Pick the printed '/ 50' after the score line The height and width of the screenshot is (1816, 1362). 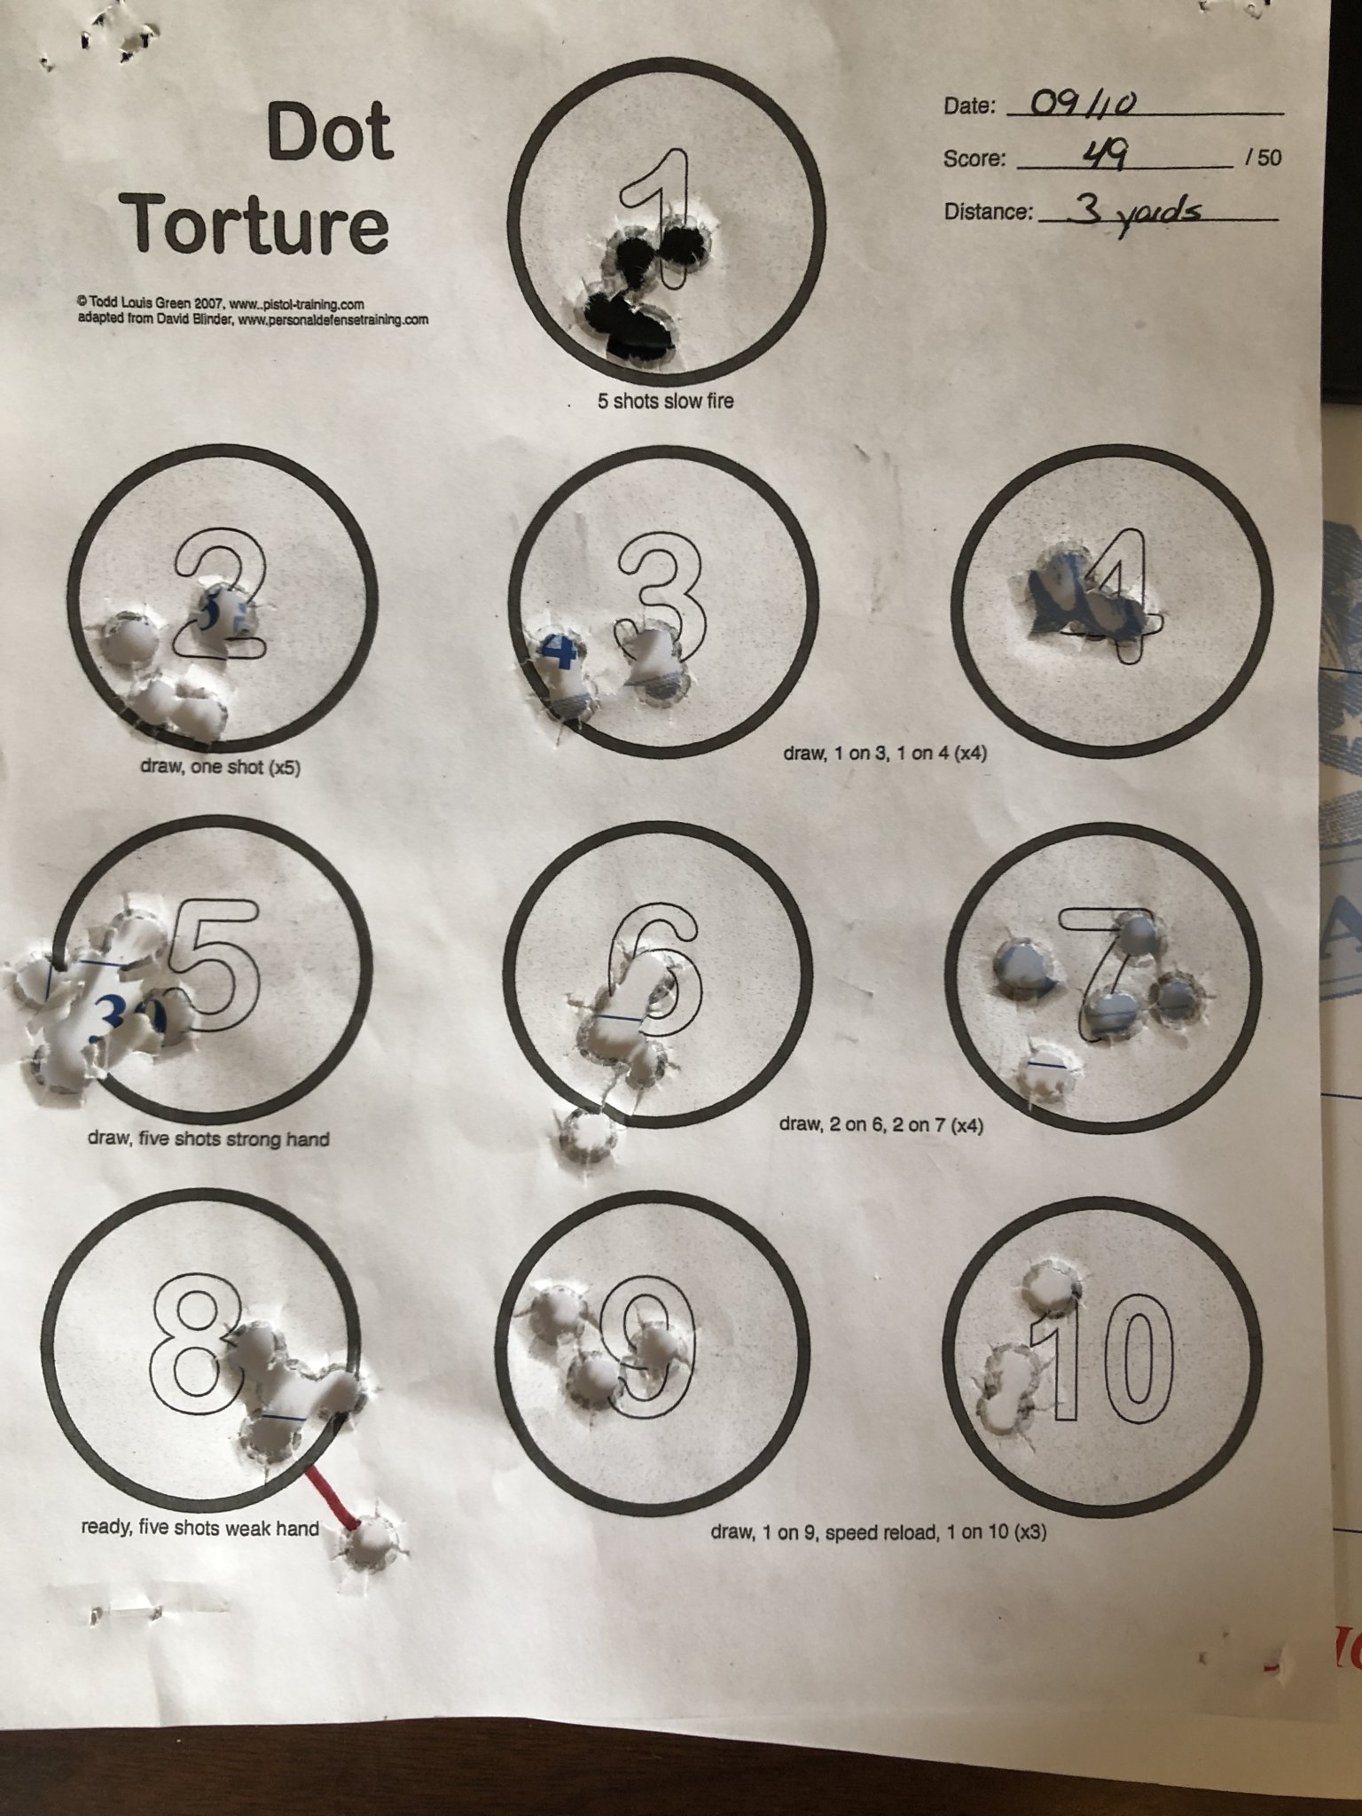point(1263,158)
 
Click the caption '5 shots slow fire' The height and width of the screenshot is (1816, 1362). point(666,401)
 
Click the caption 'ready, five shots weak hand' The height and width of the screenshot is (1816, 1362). point(200,1528)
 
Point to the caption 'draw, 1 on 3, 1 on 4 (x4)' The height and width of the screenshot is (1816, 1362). point(885,753)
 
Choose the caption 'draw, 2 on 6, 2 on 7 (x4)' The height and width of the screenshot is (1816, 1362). point(881,1125)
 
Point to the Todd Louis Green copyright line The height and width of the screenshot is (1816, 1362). point(222,304)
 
